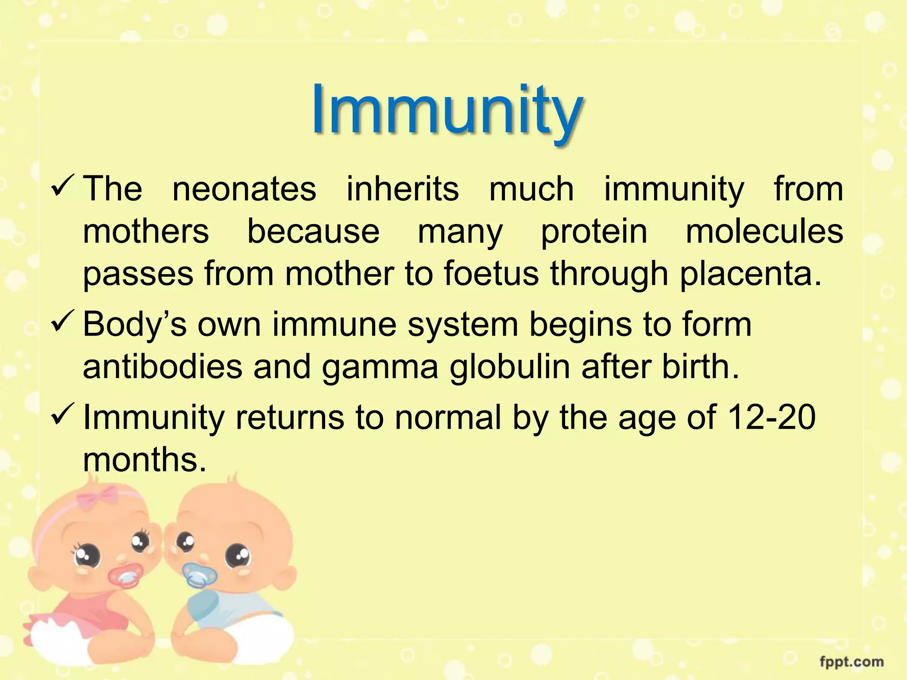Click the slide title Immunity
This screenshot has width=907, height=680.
[446, 111]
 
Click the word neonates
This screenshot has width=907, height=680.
[244, 189]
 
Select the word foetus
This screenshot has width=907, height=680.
[491, 274]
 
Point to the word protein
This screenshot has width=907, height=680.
[594, 232]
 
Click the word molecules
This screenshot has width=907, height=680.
[764, 232]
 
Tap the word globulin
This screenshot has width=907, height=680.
[509, 367]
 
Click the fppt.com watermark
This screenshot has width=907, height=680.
[851, 662]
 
